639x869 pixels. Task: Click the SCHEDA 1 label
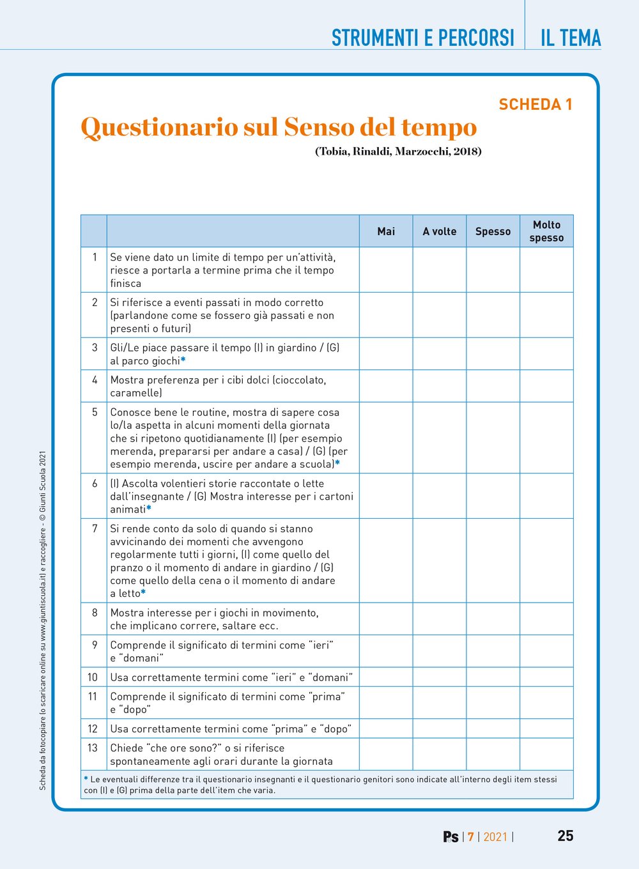[x=535, y=105]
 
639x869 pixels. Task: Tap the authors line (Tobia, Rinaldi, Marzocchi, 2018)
[x=398, y=151]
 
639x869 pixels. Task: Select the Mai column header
[x=386, y=231]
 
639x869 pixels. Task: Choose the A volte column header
[x=440, y=231]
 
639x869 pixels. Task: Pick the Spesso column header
[x=493, y=231]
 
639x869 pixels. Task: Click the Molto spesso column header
[x=546, y=231]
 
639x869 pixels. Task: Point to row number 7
[x=95, y=528]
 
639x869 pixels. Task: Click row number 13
[x=93, y=748]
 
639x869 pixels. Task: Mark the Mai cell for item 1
[x=386, y=270]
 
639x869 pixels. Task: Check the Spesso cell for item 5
[x=493, y=438]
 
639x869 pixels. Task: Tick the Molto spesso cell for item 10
[x=546, y=677]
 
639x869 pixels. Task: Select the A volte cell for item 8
[x=440, y=619]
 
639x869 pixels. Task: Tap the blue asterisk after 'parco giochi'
[x=183, y=360]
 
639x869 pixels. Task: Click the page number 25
[x=565, y=836]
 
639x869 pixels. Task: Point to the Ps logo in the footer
[x=450, y=836]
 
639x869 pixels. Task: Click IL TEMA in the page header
[x=570, y=38]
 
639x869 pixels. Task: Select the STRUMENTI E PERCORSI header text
[x=422, y=38]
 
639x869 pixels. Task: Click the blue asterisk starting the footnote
[x=86, y=779]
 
